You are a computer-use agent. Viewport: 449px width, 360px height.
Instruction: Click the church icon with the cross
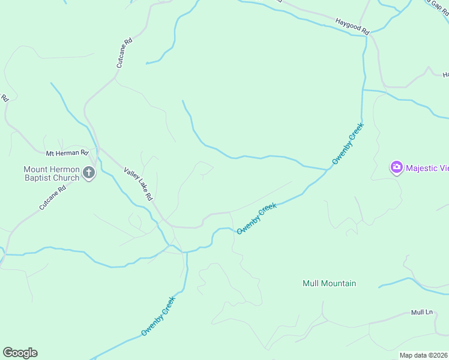coord(89,174)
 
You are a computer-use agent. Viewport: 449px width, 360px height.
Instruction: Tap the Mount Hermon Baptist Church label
coord(51,173)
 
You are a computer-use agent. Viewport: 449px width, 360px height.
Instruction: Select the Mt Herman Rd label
coord(67,153)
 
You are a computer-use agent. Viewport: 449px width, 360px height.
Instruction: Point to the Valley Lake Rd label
coord(139,184)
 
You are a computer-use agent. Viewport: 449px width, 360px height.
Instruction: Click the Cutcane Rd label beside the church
coord(51,198)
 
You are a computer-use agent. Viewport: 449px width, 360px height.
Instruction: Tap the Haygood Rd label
coord(352,28)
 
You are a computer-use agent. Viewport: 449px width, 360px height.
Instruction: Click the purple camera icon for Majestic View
coord(396,167)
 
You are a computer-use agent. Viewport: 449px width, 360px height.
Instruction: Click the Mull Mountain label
coord(330,283)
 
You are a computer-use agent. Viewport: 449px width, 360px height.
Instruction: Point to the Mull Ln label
coord(421,313)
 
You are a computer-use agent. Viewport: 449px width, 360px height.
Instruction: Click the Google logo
coord(20,353)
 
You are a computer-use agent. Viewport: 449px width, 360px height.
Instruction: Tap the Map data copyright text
coord(424,355)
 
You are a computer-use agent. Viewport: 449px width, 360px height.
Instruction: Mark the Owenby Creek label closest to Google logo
coord(158,316)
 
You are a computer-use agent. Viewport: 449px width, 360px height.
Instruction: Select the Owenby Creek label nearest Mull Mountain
coord(256,218)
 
